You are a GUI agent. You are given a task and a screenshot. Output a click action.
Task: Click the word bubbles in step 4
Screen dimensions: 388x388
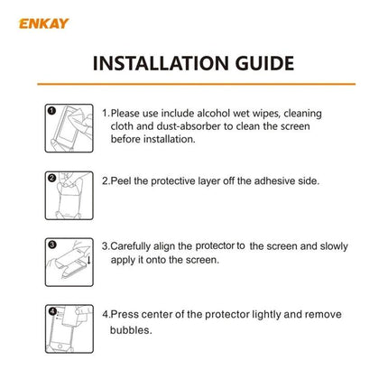click(129, 329)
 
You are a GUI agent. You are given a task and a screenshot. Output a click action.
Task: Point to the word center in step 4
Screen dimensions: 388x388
click(148, 315)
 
